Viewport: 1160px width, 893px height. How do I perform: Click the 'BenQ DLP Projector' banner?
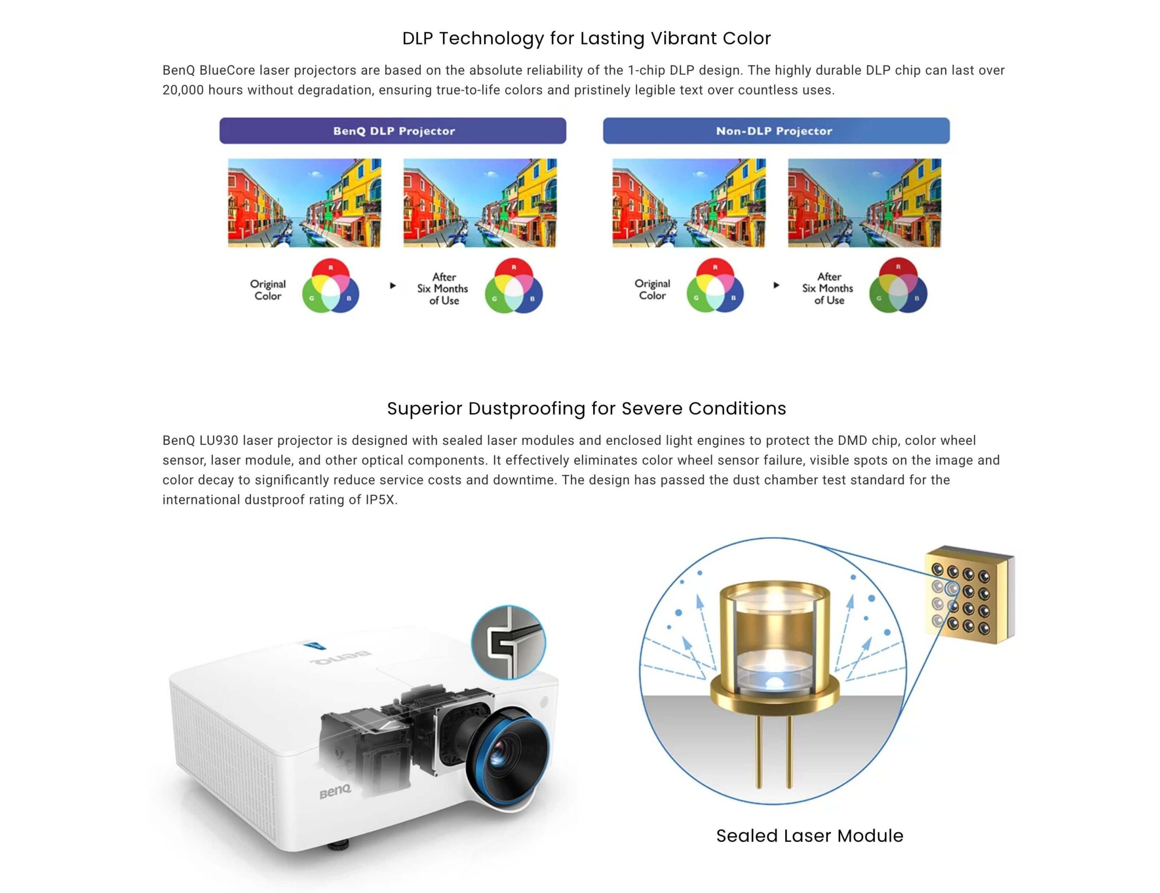coord(392,130)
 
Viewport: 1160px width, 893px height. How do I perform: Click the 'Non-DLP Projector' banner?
coord(776,130)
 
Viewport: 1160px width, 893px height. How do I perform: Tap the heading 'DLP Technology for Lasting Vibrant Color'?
coord(586,38)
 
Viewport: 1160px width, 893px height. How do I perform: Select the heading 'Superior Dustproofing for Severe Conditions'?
coord(586,408)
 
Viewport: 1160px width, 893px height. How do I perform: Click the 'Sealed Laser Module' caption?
coord(809,835)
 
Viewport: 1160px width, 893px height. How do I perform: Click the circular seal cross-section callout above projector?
coord(508,642)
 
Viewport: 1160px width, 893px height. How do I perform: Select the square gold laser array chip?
coord(969,594)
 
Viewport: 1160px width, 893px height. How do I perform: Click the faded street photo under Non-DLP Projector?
coord(864,203)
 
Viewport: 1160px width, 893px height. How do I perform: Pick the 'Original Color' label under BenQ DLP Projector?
coord(268,290)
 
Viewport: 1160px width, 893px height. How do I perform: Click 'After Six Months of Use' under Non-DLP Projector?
coord(828,288)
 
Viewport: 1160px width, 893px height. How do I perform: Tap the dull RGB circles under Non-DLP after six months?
coord(898,285)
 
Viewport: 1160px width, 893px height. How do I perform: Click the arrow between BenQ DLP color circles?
coord(392,285)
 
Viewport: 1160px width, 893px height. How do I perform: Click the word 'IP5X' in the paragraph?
coord(380,500)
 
